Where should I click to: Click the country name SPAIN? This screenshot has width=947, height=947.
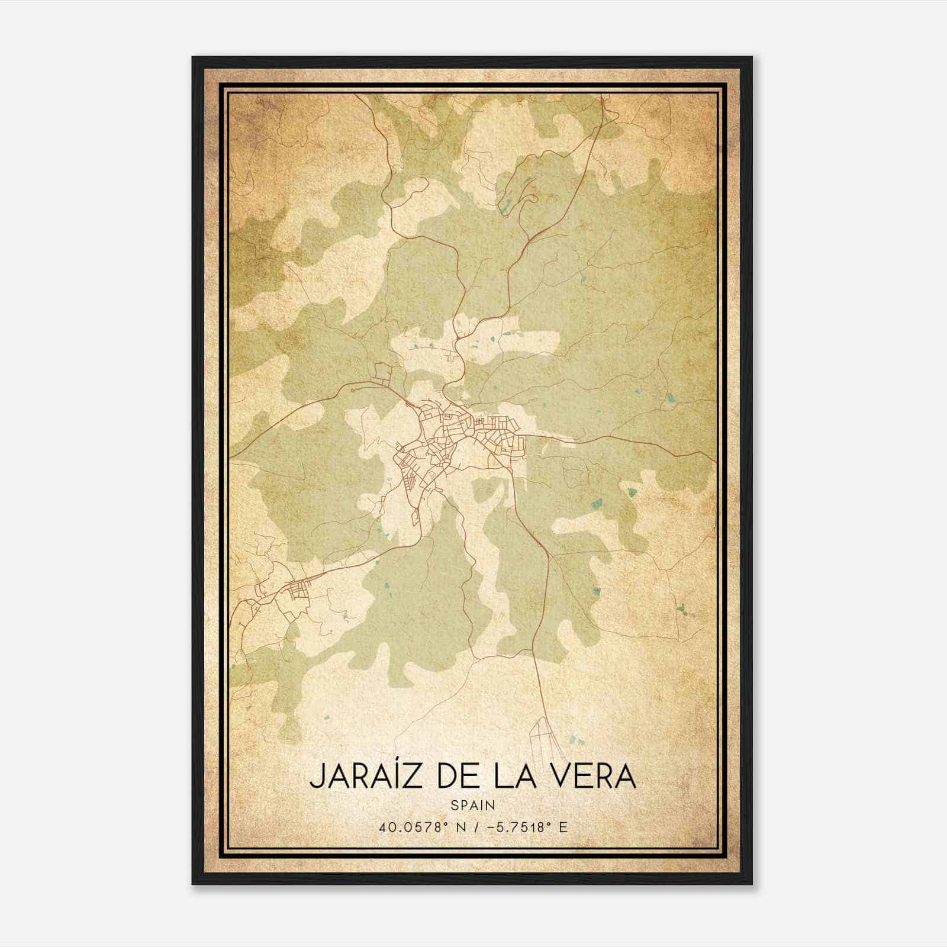(x=473, y=805)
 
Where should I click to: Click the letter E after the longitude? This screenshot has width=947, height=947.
(x=563, y=827)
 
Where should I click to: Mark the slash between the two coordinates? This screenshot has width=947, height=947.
(x=474, y=827)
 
